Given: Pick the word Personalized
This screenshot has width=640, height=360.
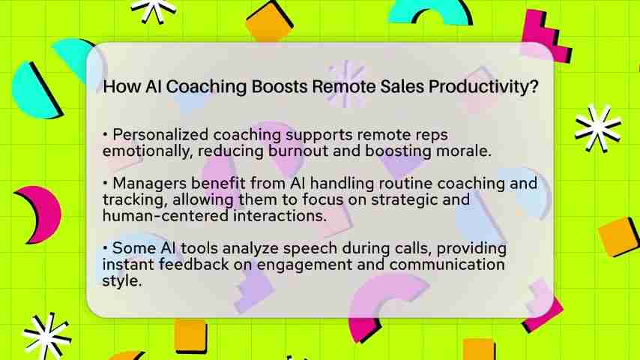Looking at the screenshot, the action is (x=161, y=134).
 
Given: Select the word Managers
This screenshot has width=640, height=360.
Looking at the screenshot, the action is (x=150, y=184).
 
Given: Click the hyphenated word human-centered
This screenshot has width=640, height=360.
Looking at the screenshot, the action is (x=166, y=216).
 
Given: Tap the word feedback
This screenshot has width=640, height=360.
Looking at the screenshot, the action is (x=194, y=265).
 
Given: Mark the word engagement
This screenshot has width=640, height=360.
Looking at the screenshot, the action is (x=304, y=265).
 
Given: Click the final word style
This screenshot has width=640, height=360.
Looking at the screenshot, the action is (x=122, y=281).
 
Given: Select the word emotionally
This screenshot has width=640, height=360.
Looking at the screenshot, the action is (x=148, y=151).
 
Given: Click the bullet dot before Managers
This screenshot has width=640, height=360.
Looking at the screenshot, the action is (x=106, y=183).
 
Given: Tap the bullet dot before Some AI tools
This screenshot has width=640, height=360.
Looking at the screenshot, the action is (x=106, y=247).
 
